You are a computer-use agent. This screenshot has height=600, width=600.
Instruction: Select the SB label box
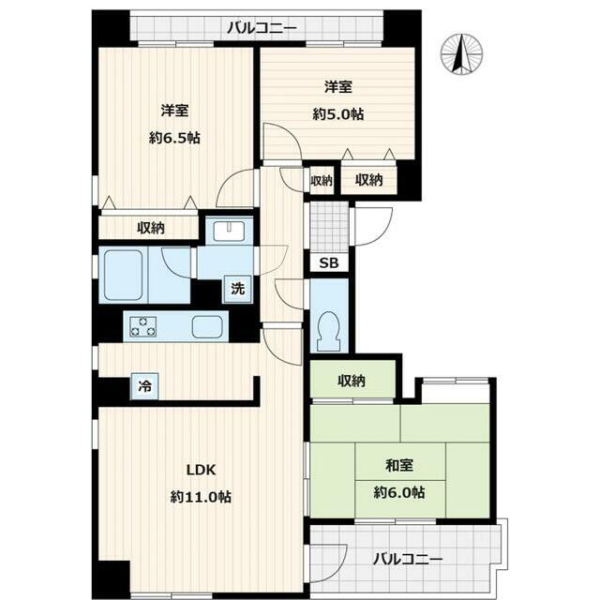click(x=329, y=263)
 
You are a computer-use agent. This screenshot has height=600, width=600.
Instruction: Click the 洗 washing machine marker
click(x=238, y=289)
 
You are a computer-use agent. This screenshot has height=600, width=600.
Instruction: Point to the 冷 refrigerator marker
click(x=145, y=385)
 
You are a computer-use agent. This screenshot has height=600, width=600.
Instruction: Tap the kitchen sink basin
click(x=209, y=327)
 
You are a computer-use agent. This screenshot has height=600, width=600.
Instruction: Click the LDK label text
click(x=201, y=471)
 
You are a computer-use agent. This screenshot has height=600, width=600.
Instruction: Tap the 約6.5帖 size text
click(x=174, y=137)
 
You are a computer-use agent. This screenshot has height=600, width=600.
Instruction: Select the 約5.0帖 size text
click(x=338, y=113)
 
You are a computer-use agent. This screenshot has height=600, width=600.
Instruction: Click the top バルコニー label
click(x=262, y=26)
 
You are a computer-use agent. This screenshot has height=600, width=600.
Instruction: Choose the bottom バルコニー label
click(x=406, y=559)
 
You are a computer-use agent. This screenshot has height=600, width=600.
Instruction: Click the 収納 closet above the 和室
click(x=352, y=381)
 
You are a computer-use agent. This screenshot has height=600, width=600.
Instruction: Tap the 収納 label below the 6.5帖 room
click(x=150, y=228)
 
